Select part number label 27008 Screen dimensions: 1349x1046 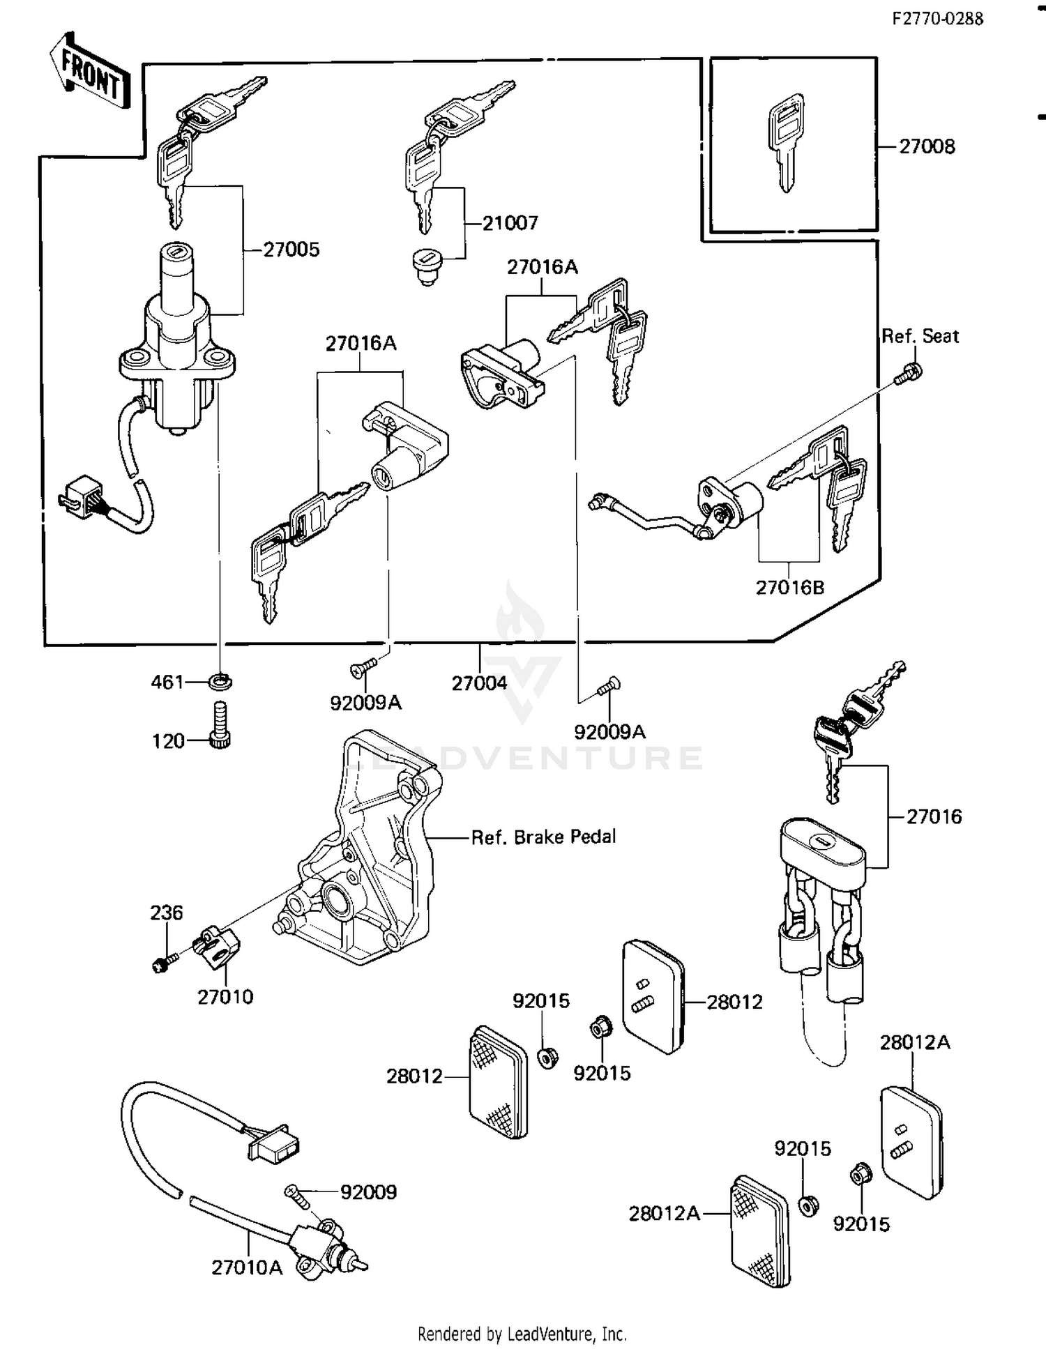tap(927, 147)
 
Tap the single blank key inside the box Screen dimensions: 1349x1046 tap(786, 143)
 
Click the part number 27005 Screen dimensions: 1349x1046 tap(291, 250)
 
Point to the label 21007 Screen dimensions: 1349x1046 tap(511, 223)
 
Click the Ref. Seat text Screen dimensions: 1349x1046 tap(920, 337)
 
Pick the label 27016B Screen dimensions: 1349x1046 tap(790, 588)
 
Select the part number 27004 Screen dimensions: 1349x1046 tap(479, 683)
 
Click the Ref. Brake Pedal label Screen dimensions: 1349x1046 tap(543, 837)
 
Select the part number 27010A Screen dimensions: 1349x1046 tap(247, 1267)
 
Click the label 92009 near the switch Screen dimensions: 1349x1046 tap(368, 1193)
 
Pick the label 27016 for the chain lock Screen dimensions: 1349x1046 tap(934, 816)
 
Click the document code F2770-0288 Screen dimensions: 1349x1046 tap(938, 19)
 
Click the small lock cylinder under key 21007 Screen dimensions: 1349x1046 tap(428, 268)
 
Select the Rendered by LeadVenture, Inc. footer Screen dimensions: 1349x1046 tap(522, 1334)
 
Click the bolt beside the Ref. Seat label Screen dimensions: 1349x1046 tap(909, 374)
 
